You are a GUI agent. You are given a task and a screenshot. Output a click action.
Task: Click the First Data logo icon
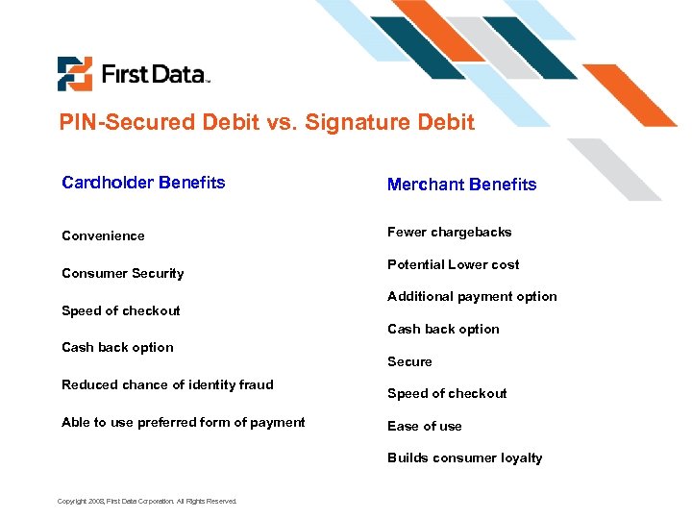click(x=74, y=74)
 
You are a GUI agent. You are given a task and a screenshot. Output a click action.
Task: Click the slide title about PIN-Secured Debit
click(x=266, y=122)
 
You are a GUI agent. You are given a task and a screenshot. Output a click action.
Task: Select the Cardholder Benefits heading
click(x=143, y=183)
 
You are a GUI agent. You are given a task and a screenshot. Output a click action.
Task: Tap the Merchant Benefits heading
click(x=461, y=185)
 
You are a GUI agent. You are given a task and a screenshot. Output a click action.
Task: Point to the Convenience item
click(x=103, y=235)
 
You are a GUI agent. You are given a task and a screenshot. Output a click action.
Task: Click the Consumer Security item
click(x=122, y=273)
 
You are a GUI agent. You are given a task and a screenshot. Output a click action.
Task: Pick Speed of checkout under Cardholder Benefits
click(x=120, y=310)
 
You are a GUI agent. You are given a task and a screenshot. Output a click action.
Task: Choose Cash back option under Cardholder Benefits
click(x=117, y=347)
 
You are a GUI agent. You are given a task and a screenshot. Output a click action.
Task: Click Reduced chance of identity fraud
click(x=167, y=384)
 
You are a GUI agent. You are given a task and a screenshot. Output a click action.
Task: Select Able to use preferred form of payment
click(x=183, y=422)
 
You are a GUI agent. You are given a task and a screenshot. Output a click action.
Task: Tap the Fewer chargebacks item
click(x=449, y=232)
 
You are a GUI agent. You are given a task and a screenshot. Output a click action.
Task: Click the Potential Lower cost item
click(x=453, y=264)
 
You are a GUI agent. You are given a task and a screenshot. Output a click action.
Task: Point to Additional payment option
click(x=472, y=296)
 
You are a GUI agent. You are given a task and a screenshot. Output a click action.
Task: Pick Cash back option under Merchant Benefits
click(x=443, y=329)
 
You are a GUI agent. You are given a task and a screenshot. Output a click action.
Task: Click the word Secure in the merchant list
click(x=409, y=361)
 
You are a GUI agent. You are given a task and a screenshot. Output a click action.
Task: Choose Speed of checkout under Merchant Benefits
click(x=447, y=393)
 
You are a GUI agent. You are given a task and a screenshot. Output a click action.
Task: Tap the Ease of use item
click(x=424, y=426)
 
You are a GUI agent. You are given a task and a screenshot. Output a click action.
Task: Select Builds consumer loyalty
click(x=464, y=457)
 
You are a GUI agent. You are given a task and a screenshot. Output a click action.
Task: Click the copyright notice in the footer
click(x=147, y=501)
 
